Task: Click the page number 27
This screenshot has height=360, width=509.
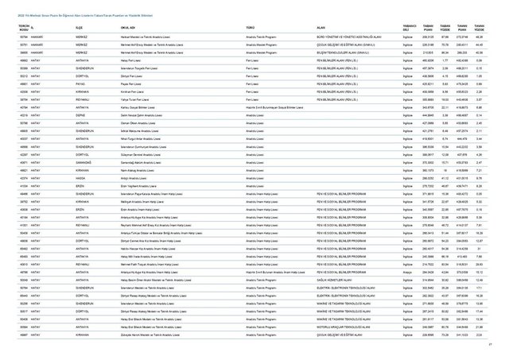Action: click(x=491, y=343)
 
